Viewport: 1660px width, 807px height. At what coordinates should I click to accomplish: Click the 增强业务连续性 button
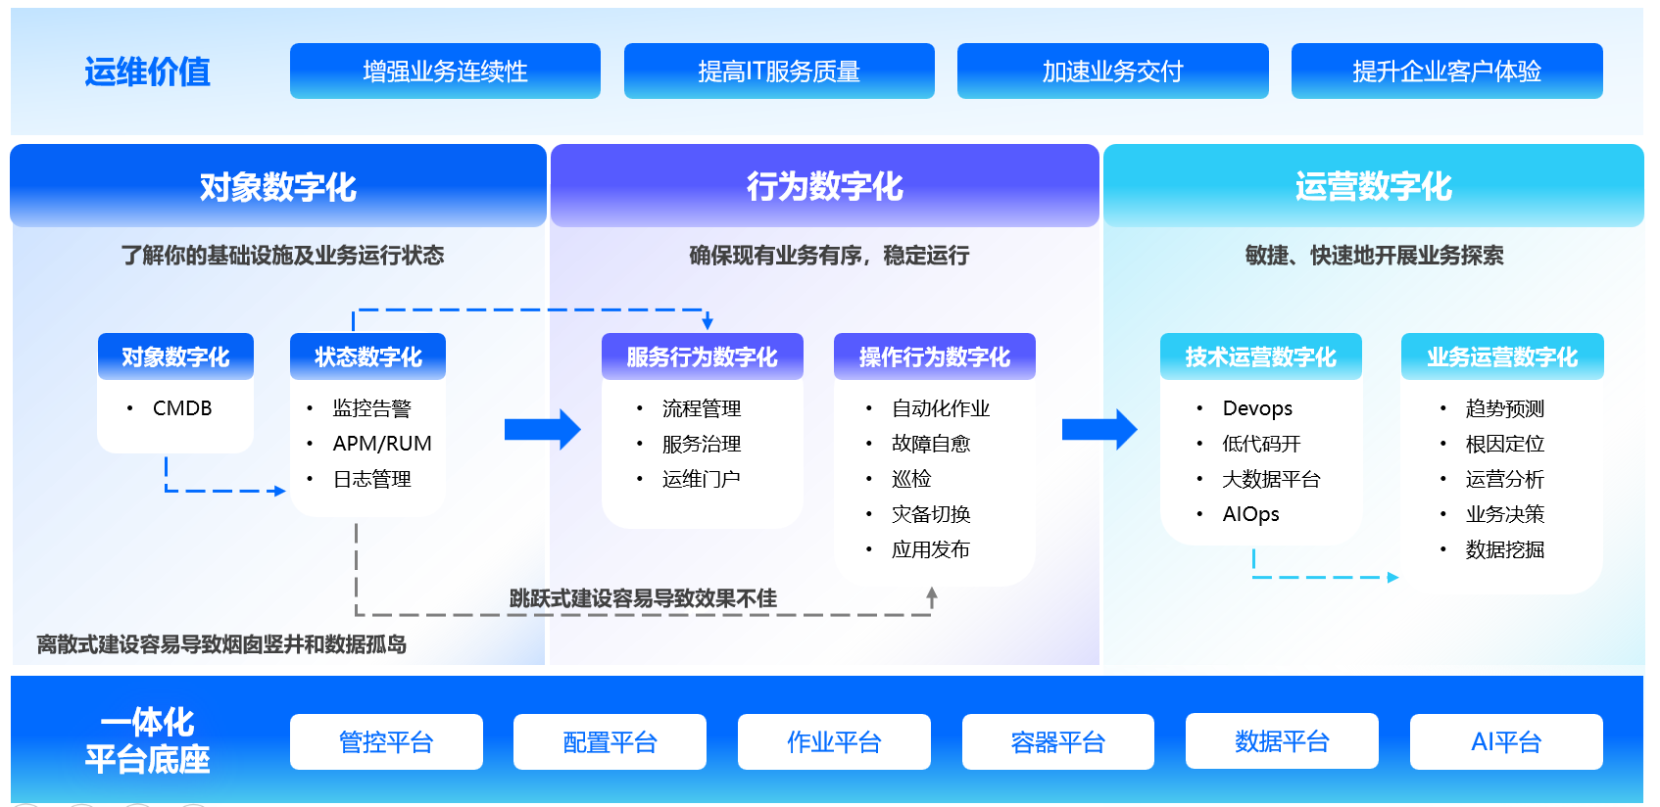pyautogui.click(x=445, y=71)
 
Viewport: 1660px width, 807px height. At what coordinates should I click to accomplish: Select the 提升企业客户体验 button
pyautogui.click(x=1446, y=71)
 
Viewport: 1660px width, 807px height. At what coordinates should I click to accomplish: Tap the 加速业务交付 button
pyautogui.click(x=1112, y=71)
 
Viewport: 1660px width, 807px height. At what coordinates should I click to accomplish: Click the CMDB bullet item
pyautogui.click(x=182, y=408)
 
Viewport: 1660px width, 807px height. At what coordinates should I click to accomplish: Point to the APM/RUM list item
pyautogui.click(x=382, y=444)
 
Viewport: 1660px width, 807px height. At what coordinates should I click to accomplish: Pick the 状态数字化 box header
pyautogui.click(x=367, y=356)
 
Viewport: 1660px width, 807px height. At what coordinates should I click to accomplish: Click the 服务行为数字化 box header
pyautogui.click(x=702, y=356)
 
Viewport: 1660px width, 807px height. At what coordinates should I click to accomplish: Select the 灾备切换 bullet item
pyautogui.click(x=931, y=514)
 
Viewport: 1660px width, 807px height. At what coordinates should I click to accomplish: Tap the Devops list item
pyautogui.click(x=1257, y=408)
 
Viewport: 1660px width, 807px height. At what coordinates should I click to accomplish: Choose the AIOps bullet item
pyautogui.click(x=1250, y=514)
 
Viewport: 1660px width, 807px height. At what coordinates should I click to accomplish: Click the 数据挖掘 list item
pyautogui.click(x=1504, y=549)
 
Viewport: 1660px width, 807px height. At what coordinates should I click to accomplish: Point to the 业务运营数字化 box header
pyautogui.click(x=1502, y=356)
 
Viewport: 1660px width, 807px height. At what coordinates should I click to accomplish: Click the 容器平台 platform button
pyautogui.click(x=1057, y=742)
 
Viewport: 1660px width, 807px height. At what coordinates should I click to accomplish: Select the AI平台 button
pyautogui.click(x=1506, y=742)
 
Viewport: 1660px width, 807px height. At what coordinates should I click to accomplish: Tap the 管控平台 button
pyautogui.click(x=386, y=742)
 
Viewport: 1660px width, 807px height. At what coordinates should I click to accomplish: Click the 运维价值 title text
pyautogui.click(x=147, y=71)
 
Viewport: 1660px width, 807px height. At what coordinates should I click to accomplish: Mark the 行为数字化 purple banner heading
pyautogui.click(x=824, y=186)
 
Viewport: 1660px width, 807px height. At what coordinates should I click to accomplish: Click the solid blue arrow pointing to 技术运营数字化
pyautogui.click(x=1099, y=429)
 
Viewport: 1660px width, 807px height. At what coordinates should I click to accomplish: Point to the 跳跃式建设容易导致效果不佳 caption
pyautogui.click(x=643, y=598)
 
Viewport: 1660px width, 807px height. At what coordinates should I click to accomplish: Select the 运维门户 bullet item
pyautogui.click(x=701, y=479)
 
